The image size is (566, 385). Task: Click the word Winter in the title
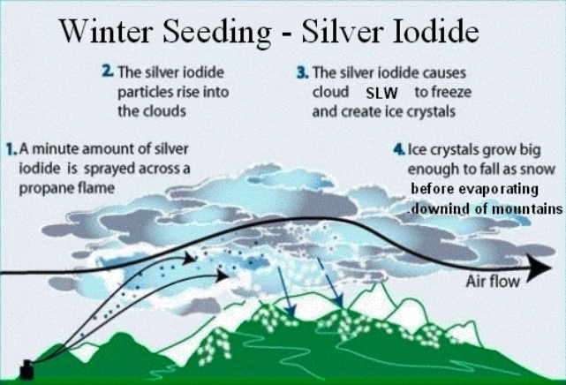(x=105, y=31)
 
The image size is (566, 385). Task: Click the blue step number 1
(x=11, y=149)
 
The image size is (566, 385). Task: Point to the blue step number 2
(x=108, y=71)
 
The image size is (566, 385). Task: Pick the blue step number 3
(x=303, y=72)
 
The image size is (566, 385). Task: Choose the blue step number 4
(x=399, y=149)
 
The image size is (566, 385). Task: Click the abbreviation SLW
(x=381, y=94)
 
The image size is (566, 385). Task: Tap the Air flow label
(x=493, y=282)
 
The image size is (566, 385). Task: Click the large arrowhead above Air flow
(x=539, y=268)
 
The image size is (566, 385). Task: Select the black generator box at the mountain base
(x=26, y=369)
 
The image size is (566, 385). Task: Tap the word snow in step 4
(x=538, y=169)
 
